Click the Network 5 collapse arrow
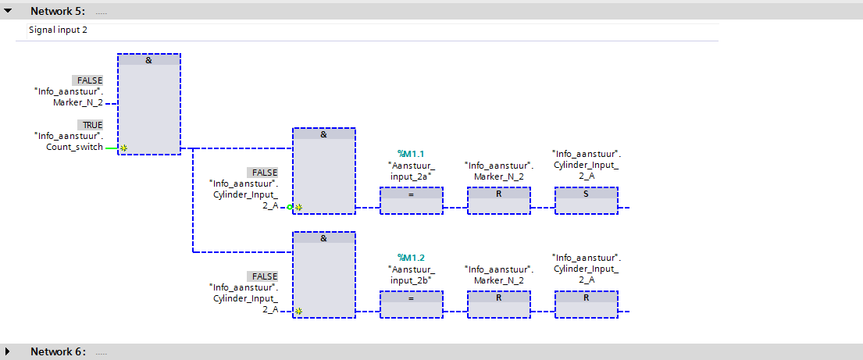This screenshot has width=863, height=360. pyautogui.click(x=9, y=11)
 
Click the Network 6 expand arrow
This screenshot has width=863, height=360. pyautogui.click(x=8, y=351)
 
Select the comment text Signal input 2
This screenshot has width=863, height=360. pyautogui.click(x=58, y=30)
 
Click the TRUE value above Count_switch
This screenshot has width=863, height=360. pyautogui.click(x=90, y=124)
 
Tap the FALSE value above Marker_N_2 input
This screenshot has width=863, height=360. pyautogui.click(x=87, y=80)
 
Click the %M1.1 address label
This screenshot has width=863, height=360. pyautogui.click(x=411, y=154)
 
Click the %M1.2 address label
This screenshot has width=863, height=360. pyautogui.click(x=411, y=258)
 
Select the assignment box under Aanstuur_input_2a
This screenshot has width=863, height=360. pyautogui.click(x=411, y=201)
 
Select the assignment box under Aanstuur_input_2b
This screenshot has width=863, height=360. pyautogui.click(x=411, y=305)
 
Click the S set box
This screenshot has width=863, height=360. pyautogui.click(x=587, y=201)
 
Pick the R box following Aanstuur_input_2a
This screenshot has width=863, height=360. pyautogui.click(x=498, y=201)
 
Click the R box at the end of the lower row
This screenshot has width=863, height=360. pyautogui.click(x=587, y=305)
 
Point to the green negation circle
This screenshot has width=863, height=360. pyautogui.click(x=290, y=207)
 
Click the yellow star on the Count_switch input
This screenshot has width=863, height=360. pyautogui.click(x=124, y=148)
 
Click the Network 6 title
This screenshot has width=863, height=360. pyautogui.click(x=58, y=351)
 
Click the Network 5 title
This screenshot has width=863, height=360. pyautogui.click(x=58, y=11)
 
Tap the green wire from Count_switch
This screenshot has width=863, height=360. pyautogui.click(x=111, y=148)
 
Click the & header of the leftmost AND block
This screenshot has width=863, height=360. pyautogui.click(x=148, y=60)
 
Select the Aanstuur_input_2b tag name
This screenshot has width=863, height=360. pyautogui.click(x=411, y=275)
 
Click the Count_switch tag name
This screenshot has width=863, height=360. pyautogui.click(x=74, y=147)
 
